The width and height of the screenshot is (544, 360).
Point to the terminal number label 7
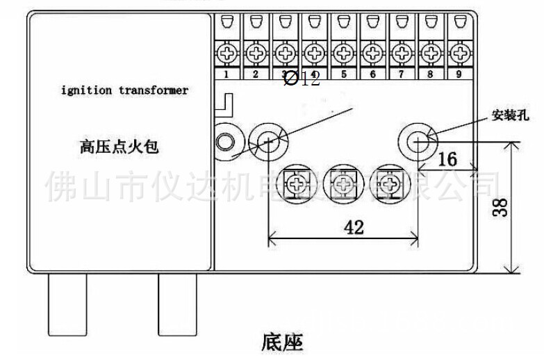(399, 74)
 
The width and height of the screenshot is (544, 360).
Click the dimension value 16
(447, 159)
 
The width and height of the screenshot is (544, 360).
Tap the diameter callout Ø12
(302, 79)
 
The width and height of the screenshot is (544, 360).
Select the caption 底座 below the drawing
(283, 341)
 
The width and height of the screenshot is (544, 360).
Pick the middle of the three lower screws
(343, 184)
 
